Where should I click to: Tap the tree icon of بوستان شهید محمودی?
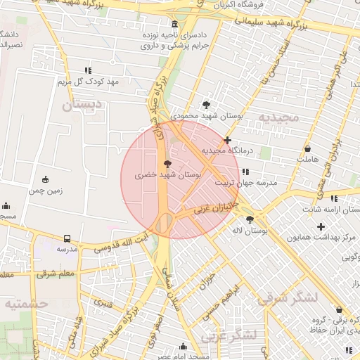click(x=205, y=103)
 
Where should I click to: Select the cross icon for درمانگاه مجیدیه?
click(x=227, y=140)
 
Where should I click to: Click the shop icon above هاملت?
click(x=308, y=149)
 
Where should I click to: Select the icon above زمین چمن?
click(x=46, y=179)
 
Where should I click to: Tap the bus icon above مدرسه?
click(x=67, y=238)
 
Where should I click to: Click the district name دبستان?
click(x=82, y=105)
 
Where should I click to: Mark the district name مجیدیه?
click(x=278, y=116)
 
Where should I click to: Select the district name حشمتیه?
click(x=25, y=303)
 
